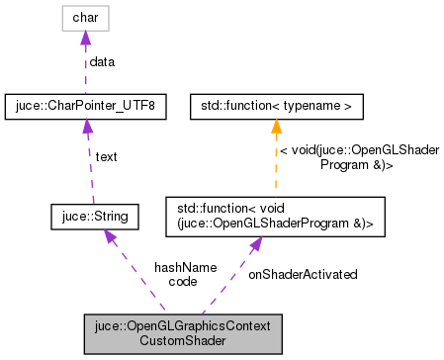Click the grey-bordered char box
point(85,18)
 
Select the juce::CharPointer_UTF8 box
point(85,105)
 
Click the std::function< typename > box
point(276,105)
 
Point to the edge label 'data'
point(102,61)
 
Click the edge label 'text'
point(107,157)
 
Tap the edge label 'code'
point(183,282)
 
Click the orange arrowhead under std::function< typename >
point(276,125)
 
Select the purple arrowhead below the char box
point(85,38)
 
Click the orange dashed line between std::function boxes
point(276,163)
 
